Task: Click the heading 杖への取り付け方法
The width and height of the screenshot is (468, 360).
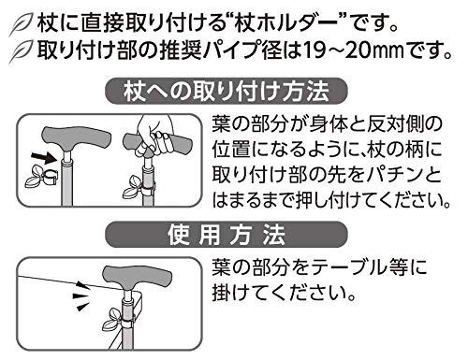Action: pyautogui.click(x=227, y=92)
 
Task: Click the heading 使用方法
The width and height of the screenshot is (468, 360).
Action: pyautogui.click(x=227, y=235)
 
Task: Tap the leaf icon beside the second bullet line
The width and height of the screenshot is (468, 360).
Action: pyautogui.click(x=20, y=51)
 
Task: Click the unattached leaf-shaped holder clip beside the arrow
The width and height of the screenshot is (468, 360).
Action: pyautogui.click(x=42, y=178)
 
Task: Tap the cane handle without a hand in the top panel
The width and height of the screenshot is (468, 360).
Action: pyautogui.click(x=77, y=138)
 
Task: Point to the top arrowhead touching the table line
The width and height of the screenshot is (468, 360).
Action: pyautogui.click(x=82, y=285)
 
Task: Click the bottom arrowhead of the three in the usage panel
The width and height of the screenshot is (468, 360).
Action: pyautogui.click(x=81, y=307)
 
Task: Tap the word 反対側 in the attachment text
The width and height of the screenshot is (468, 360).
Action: pyautogui.click(x=392, y=123)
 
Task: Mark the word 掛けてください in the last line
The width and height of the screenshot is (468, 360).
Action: pyautogui.click(x=283, y=294)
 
